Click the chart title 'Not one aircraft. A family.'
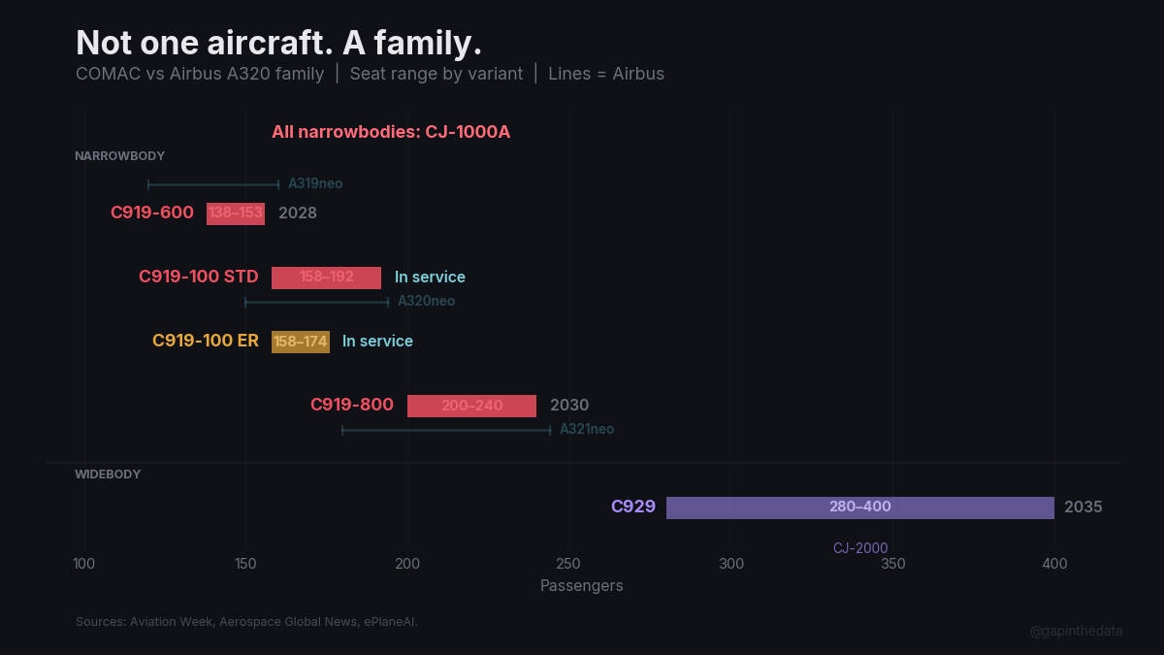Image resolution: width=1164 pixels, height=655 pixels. click(x=278, y=43)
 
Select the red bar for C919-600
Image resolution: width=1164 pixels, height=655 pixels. click(x=236, y=213)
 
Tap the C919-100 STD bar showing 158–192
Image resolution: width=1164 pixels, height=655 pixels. click(x=326, y=278)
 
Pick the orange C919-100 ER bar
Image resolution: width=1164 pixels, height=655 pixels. click(x=301, y=342)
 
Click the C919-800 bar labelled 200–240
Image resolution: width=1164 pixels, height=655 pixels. click(x=471, y=406)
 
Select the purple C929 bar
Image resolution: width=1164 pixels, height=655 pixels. click(x=859, y=508)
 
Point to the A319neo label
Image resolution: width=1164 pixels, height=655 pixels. click(x=315, y=183)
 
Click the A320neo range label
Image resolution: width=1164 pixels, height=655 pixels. click(x=426, y=301)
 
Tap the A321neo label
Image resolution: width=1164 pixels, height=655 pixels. click(x=587, y=429)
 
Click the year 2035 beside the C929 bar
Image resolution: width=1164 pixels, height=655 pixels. click(x=1083, y=508)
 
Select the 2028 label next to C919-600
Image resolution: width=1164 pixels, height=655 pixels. click(x=298, y=213)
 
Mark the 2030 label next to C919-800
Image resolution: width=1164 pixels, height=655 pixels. click(x=569, y=406)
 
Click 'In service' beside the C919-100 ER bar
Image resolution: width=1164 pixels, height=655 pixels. click(x=377, y=342)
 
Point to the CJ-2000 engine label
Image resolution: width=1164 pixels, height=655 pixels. click(x=860, y=548)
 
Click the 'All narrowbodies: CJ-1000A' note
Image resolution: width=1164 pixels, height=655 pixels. click(x=391, y=132)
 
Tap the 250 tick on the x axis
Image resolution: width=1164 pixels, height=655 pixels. click(x=569, y=564)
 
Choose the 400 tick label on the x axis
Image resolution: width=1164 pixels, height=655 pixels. click(x=1054, y=564)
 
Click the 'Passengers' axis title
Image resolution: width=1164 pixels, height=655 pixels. click(x=581, y=586)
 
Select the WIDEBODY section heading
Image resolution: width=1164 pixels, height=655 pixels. click(x=108, y=475)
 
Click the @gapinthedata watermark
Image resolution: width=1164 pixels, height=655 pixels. click(x=1076, y=631)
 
